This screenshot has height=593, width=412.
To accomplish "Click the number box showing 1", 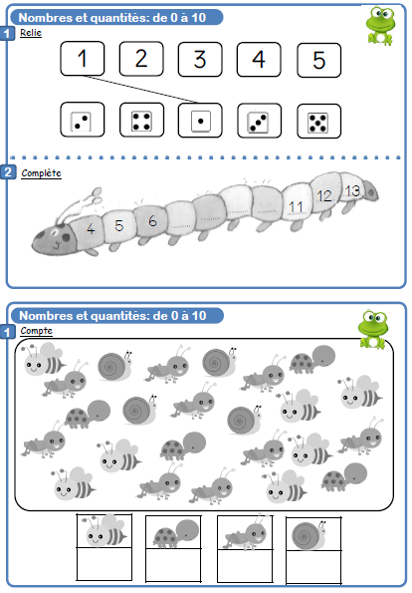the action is pyautogui.click(x=83, y=59).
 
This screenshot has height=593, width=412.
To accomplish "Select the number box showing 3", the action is pyautogui.click(x=200, y=60).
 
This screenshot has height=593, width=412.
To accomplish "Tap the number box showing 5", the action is pyautogui.click(x=319, y=60).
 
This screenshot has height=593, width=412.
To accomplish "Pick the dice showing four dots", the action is pyautogui.click(x=141, y=120).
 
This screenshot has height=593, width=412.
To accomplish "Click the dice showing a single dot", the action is pyautogui.click(x=200, y=121).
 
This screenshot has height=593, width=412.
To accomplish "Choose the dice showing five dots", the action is pyautogui.click(x=319, y=122).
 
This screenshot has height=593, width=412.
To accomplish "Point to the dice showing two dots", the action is pyautogui.click(x=83, y=120).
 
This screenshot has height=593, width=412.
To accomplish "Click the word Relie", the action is pyautogui.click(x=31, y=33).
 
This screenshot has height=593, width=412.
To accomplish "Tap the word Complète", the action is pyautogui.click(x=41, y=173).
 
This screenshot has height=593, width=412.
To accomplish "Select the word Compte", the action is pyautogui.click(x=36, y=331).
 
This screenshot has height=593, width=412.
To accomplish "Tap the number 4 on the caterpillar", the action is pyautogui.click(x=91, y=228).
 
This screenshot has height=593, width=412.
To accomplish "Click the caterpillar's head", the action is pyautogui.click(x=55, y=240).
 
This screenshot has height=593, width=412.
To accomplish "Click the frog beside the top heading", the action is pyautogui.click(x=380, y=26).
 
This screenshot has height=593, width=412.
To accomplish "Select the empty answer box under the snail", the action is pyautogui.click(x=313, y=566).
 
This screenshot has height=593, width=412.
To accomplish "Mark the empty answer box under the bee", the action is pyautogui.click(x=104, y=563).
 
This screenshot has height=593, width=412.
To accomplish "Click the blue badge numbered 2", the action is pyautogui.click(x=8, y=172).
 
